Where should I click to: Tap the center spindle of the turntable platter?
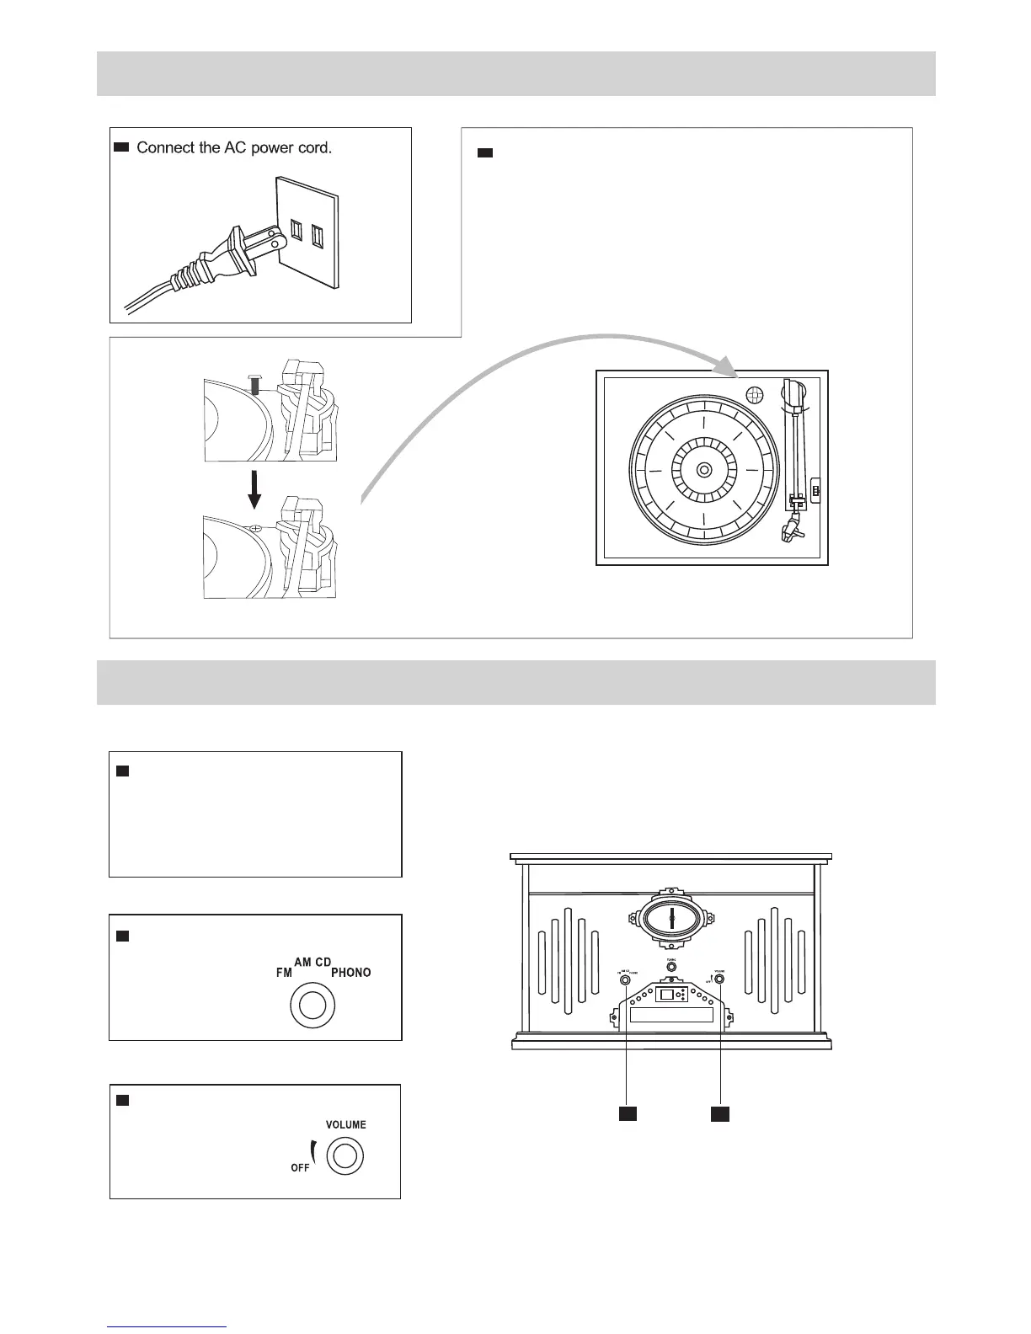[x=704, y=468]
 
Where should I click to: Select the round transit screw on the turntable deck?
[x=755, y=394]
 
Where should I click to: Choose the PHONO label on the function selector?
[x=350, y=972]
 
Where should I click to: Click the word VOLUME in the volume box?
[x=345, y=1124]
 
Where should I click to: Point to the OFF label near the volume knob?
[x=300, y=1167]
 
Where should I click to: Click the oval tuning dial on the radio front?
[x=671, y=918]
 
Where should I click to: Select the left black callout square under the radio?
[x=628, y=1113]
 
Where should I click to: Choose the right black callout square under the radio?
[x=719, y=1113]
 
